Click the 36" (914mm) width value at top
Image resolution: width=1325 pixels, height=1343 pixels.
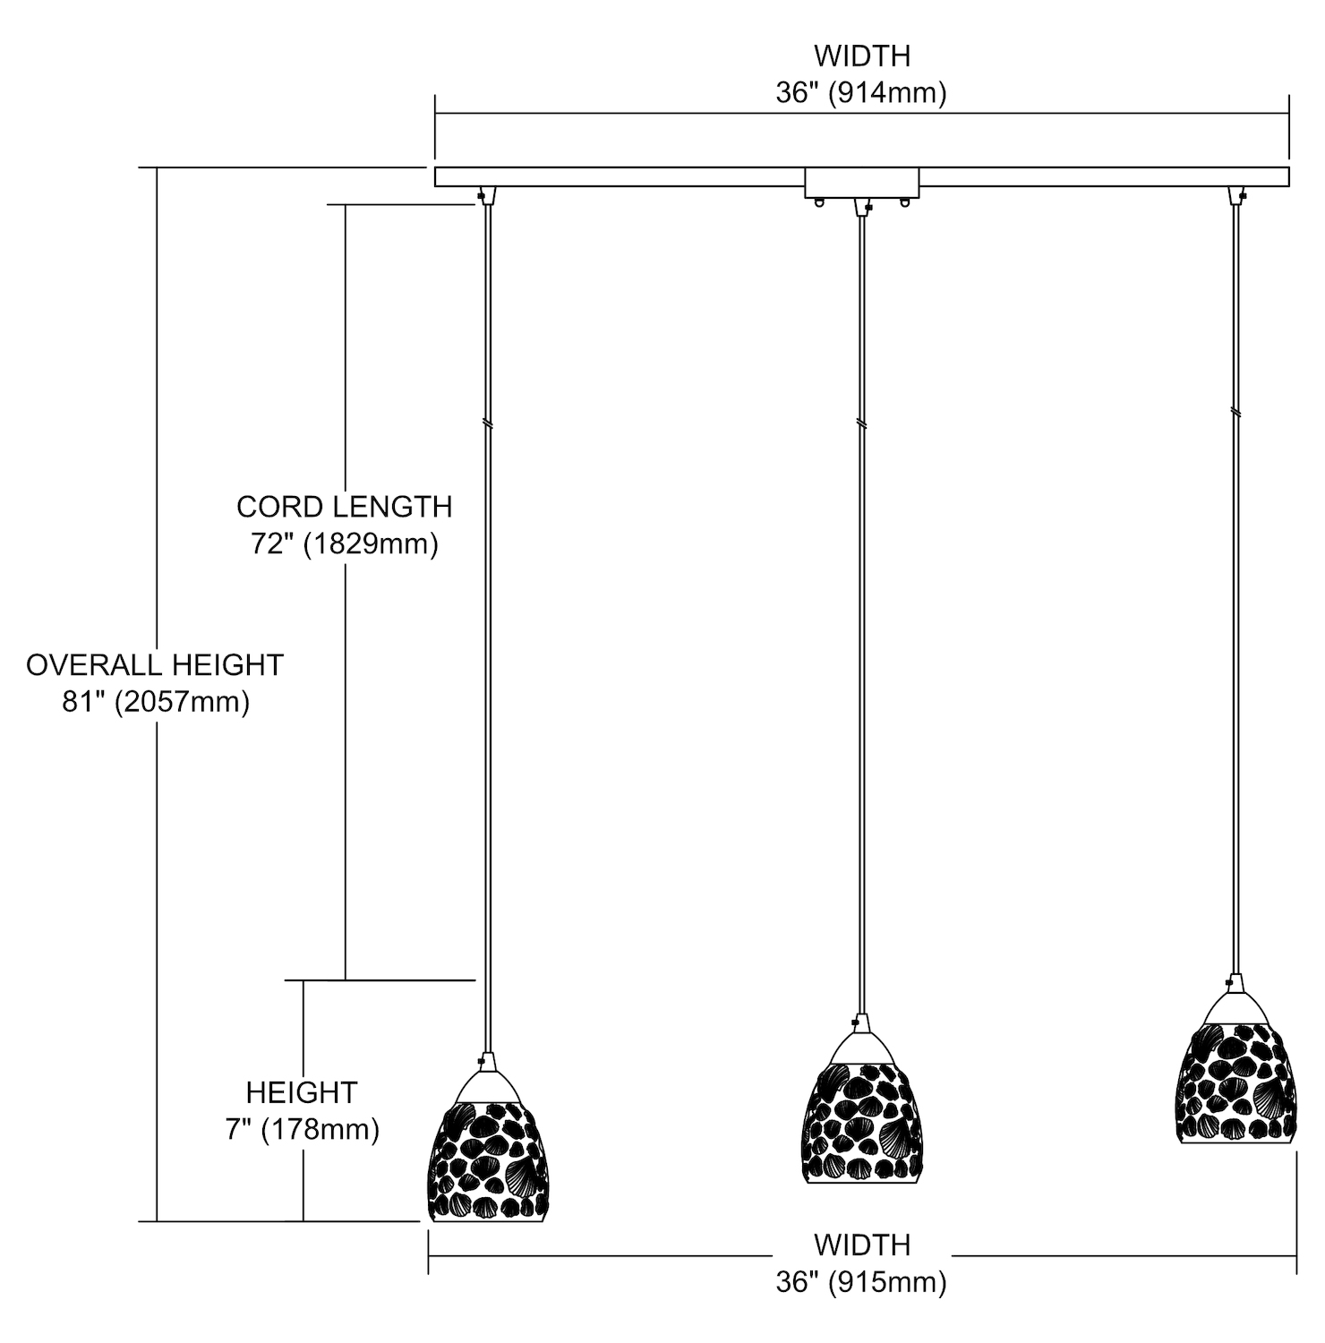[x=861, y=92]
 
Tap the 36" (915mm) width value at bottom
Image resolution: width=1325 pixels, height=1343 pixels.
[x=861, y=1282]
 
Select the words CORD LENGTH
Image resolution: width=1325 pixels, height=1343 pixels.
[x=344, y=507]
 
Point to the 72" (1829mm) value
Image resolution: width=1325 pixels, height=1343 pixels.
[x=344, y=543]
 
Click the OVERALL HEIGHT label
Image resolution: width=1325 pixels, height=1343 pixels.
[x=155, y=664]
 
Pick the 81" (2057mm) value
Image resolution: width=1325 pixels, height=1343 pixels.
[x=155, y=702]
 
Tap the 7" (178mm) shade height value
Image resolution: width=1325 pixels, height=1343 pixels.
[x=302, y=1130]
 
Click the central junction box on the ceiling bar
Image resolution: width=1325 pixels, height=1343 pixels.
[x=862, y=184]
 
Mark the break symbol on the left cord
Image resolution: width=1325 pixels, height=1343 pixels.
[x=486, y=422]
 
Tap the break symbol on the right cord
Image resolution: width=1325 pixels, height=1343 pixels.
[x=1235, y=413]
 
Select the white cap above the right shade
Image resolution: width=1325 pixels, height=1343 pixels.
[x=1235, y=1007]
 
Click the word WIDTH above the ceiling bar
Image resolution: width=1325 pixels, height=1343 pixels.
[x=861, y=56]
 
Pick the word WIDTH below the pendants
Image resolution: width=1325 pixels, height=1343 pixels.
[x=861, y=1245]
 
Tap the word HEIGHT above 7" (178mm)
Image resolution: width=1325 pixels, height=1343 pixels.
[x=302, y=1092]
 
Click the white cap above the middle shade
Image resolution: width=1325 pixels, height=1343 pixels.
[x=860, y=1046]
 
